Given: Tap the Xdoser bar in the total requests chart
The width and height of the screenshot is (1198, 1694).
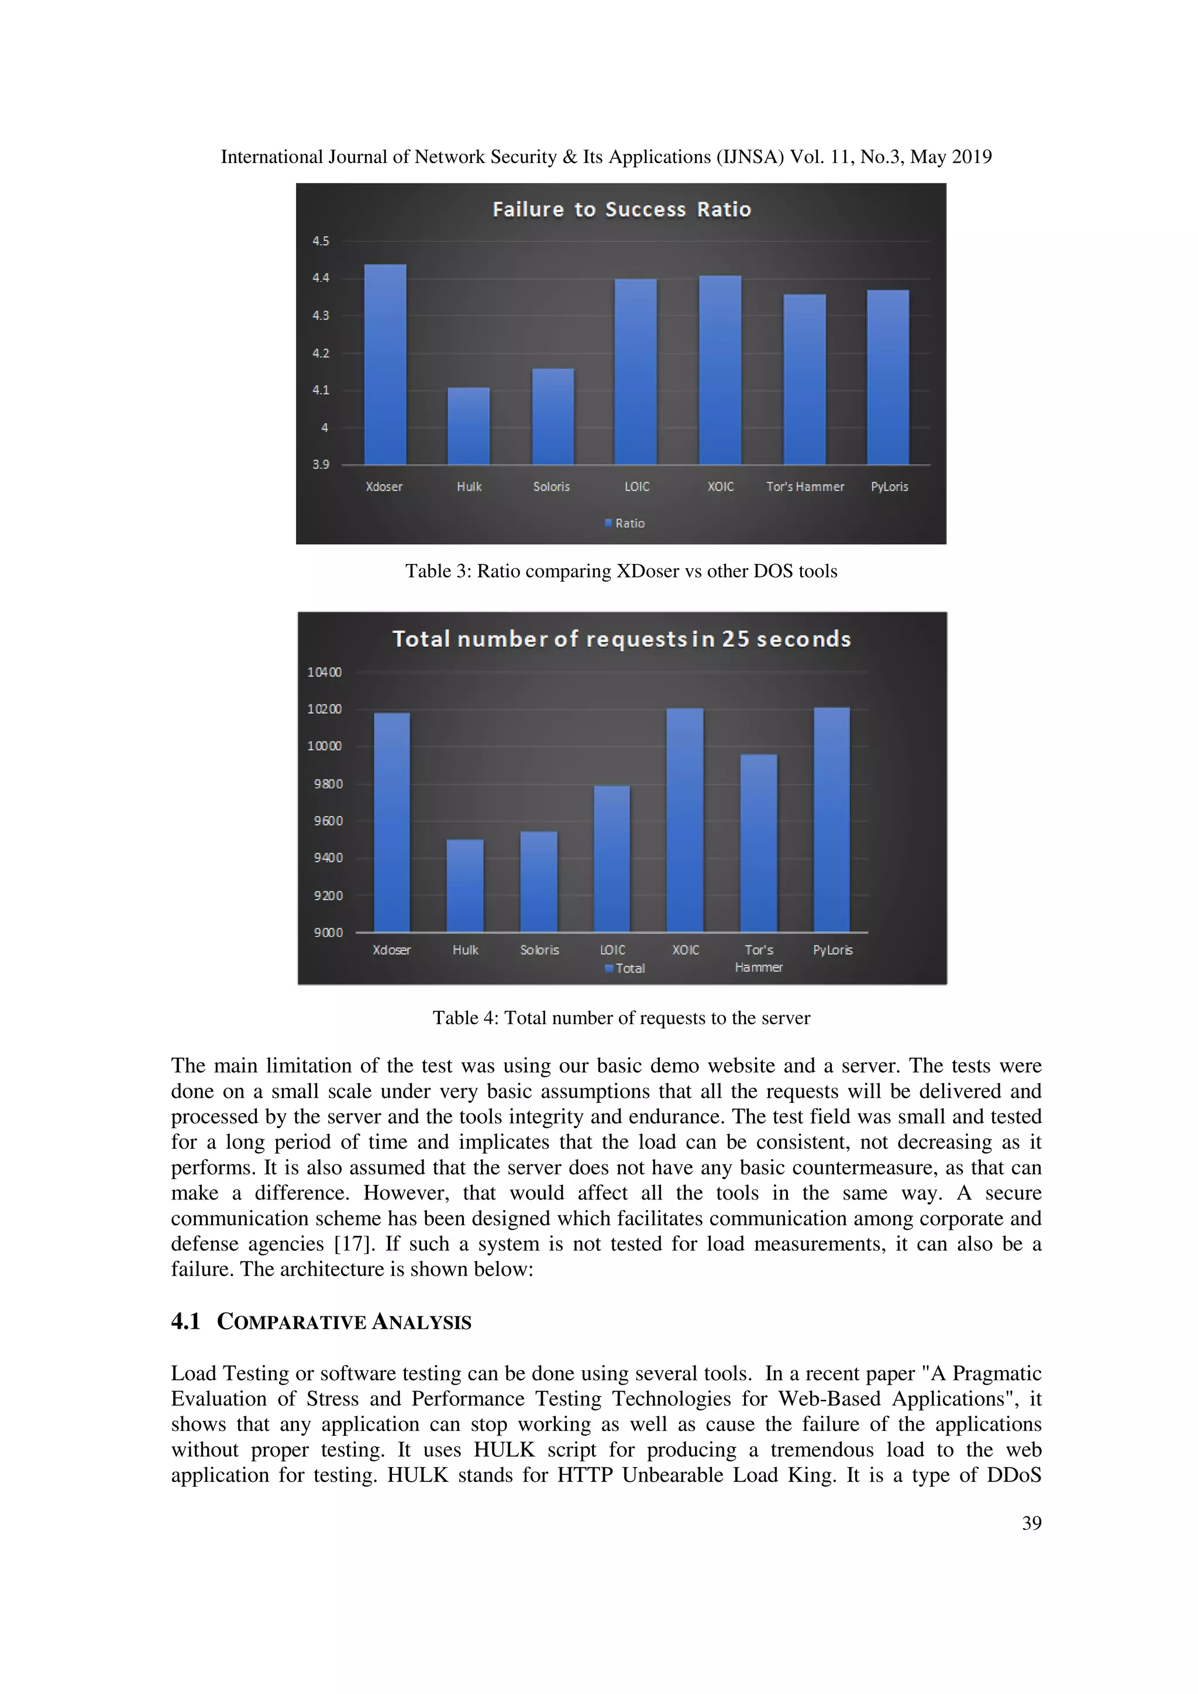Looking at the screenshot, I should tap(391, 822).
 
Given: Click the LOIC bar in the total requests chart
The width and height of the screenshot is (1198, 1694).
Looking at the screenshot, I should tap(612, 859).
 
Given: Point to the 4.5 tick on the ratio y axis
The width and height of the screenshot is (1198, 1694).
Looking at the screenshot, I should tap(321, 241).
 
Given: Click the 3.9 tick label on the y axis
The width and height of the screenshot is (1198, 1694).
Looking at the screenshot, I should tap(321, 464).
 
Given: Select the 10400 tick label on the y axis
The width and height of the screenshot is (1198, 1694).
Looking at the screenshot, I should tap(324, 672).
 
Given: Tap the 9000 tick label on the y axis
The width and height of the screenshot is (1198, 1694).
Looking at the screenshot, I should tap(328, 932).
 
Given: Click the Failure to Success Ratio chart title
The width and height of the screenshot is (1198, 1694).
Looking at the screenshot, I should tap(621, 209).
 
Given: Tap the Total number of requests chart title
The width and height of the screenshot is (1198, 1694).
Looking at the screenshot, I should tap(621, 639).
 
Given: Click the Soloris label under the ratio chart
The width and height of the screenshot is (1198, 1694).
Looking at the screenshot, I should tap(552, 487).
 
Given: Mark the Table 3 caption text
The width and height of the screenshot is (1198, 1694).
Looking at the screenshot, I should tap(621, 571).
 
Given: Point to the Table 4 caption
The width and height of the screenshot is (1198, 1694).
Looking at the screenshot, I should tap(621, 1018).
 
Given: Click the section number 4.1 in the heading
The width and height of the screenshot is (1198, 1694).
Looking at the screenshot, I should tap(185, 1322).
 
